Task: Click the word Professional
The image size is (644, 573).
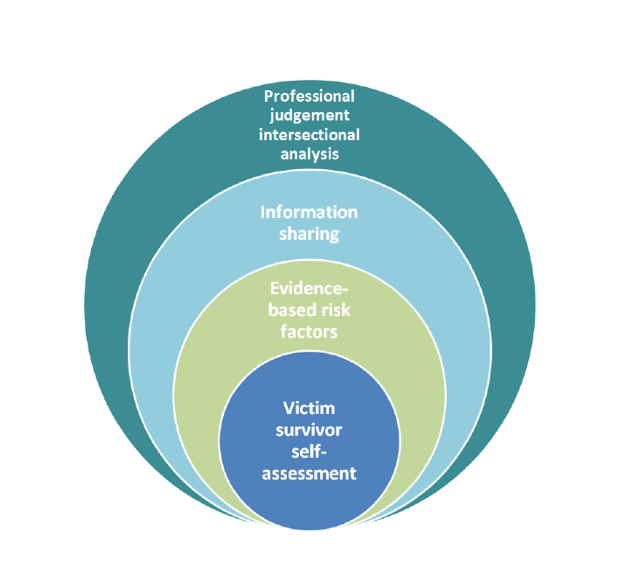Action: tap(309, 96)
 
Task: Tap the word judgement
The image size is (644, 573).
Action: tap(309, 115)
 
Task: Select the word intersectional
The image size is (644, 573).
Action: tap(309, 135)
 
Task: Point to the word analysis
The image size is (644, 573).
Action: tap(309, 154)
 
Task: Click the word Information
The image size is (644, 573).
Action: tap(309, 212)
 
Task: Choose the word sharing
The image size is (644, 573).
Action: tap(309, 234)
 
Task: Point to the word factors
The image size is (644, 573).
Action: tap(309, 332)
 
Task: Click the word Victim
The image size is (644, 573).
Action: tap(309, 408)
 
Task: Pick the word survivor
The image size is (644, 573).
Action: tap(309, 430)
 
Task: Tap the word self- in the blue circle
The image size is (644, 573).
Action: tap(309, 451)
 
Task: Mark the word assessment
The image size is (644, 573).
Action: tap(309, 473)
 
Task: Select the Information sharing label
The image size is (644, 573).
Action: tap(309, 223)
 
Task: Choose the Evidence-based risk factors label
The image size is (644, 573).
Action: tap(309, 310)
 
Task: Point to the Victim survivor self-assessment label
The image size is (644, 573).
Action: tap(309, 440)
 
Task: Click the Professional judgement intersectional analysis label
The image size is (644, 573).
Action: tap(309, 125)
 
